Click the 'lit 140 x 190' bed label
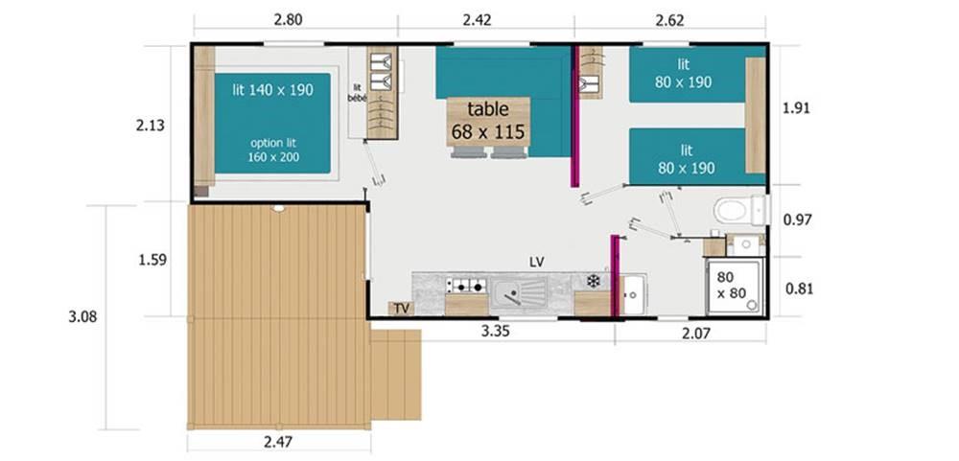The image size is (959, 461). [x=272, y=90]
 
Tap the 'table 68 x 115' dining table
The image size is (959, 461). [x=488, y=121]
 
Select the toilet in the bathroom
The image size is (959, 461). [x=738, y=210]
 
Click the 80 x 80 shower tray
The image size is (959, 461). [x=734, y=287]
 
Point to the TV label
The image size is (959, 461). [x=401, y=309]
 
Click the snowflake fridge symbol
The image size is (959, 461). [x=593, y=281]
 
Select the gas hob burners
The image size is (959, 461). [x=466, y=285]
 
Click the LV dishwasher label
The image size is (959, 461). [x=537, y=262]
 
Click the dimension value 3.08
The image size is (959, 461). [x=82, y=317]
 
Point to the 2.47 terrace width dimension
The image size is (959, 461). [x=278, y=442]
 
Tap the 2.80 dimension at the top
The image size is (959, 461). [x=288, y=19]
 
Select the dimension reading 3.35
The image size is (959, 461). [x=496, y=332]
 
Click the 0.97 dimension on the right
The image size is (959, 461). [x=798, y=219]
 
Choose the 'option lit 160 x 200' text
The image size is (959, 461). [x=273, y=150]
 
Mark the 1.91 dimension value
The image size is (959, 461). [x=796, y=108]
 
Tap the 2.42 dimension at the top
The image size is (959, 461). [x=477, y=19]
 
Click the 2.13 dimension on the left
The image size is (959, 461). [x=151, y=126]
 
